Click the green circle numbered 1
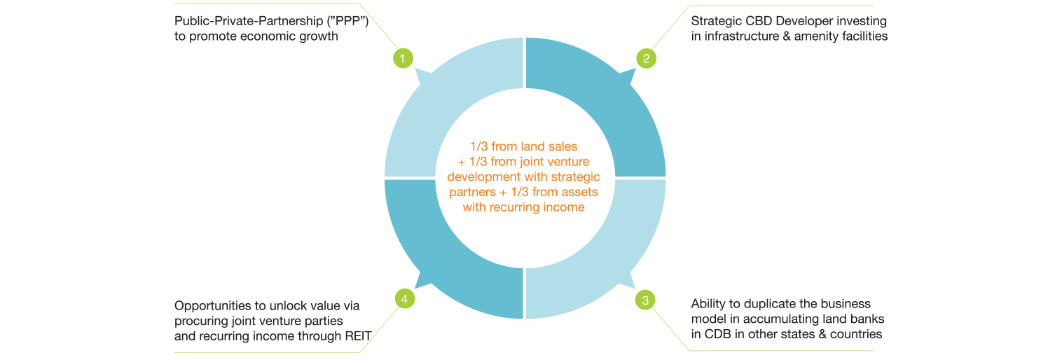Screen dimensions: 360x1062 pos(402,58)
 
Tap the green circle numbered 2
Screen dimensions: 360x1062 pos(646,58)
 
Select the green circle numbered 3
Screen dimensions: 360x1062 pos(645,300)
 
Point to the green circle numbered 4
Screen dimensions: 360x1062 pos(404,299)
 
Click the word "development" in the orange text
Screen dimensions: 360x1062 pos(486,178)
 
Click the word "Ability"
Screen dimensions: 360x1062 pos(708,303)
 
